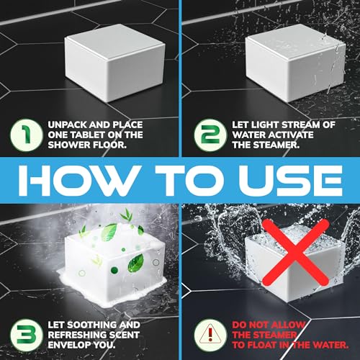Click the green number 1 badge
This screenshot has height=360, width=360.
click(x=26, y=135)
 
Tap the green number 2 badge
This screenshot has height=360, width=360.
click(x=210, y=135)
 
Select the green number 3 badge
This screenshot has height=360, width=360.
click(x=26, y=335)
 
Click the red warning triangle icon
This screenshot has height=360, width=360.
click(x=210, y=333)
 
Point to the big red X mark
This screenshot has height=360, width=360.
click(x=295, y=253)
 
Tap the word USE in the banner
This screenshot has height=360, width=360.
click(x=290, y=181)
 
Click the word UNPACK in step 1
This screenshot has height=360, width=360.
click(x=67, y=125)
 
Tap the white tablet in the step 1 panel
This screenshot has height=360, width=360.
click(x=114, y=63)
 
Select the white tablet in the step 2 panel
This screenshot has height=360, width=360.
click(x=295, y=63)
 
